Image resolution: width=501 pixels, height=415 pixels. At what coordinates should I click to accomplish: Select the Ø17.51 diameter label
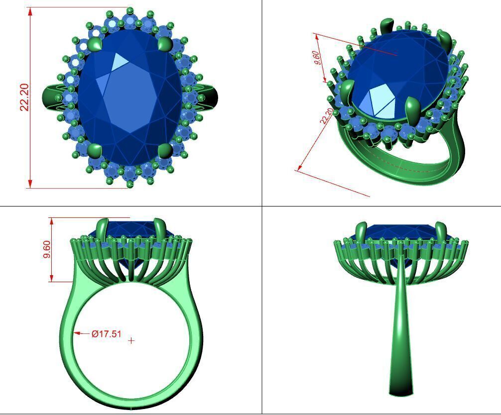pyautogui.click(x=107, y=334)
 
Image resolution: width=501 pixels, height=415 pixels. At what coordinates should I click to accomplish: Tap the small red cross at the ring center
pyautogui.click(x=131, y=340)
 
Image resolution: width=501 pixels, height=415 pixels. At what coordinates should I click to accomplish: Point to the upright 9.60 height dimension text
pyautogui.click(x=47, y=249)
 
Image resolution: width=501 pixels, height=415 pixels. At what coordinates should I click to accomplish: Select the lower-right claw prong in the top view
pyautogui.click(x=165, y=150)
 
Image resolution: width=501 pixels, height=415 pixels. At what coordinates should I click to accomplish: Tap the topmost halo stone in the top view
pyautogui.click(x=130, y=21)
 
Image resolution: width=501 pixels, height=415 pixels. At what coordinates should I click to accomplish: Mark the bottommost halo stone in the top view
pyautogui.click(x=130, y=174)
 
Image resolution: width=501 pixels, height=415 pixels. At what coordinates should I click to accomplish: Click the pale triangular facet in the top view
pyautogui.click(x=120, y=62)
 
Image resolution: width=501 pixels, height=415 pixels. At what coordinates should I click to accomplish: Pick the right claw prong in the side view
pyautogui.click(x=441, y=231)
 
